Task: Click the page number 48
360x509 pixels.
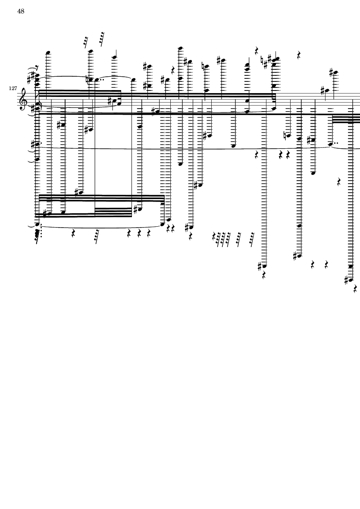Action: pyautogui.click(x=20, y=11)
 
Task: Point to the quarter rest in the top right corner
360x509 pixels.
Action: pyautogui.click(x=299, y=55)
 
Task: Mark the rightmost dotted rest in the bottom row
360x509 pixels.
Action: pyautogui.click(x=252, y=238)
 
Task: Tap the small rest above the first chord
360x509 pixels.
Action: pyautogui.click(x=37, y=67)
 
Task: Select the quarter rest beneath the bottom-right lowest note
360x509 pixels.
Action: pyautogui.click(x=355, y=289)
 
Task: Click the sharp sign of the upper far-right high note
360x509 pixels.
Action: pyautogui.click(x=331, y=73)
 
